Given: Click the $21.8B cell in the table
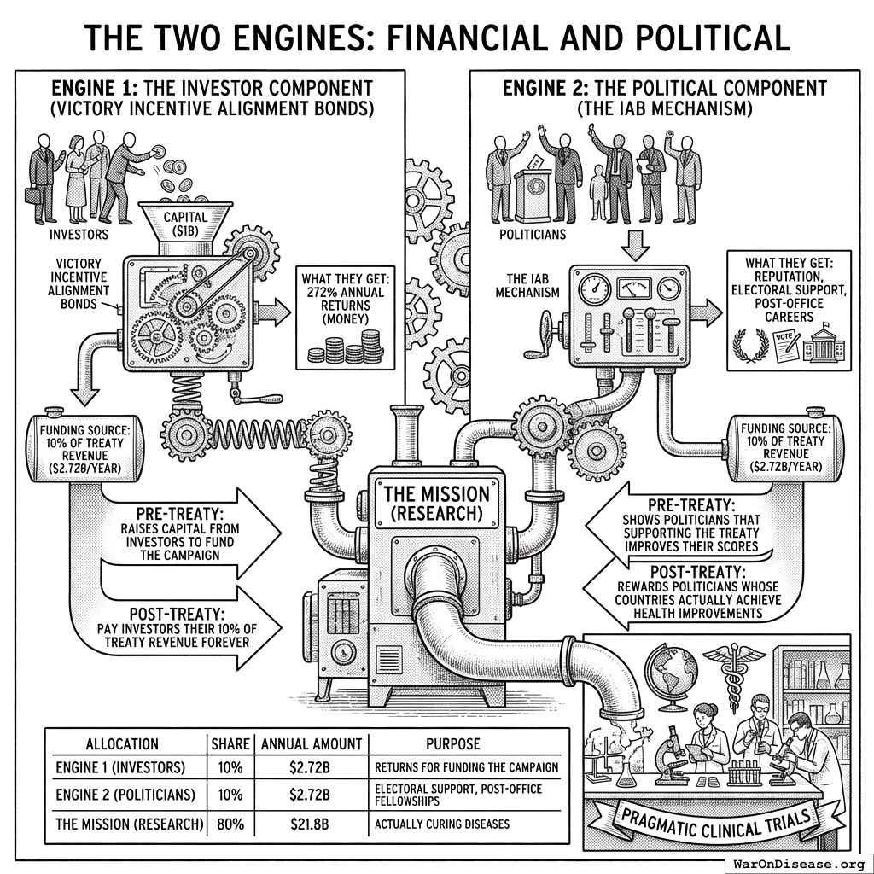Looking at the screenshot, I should [x=309, y=825].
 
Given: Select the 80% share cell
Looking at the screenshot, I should [x=230, y=825].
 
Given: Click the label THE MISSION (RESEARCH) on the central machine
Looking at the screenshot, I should [x=437, y=503].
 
